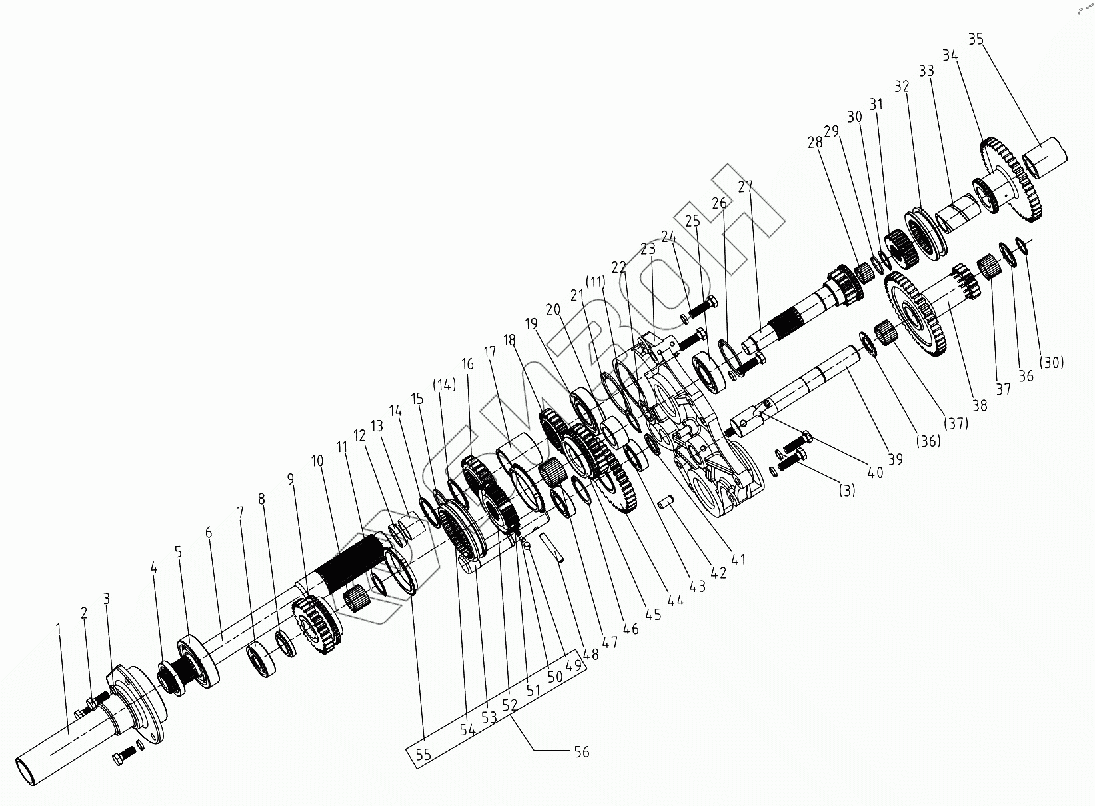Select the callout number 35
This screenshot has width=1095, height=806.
tap(976, 39)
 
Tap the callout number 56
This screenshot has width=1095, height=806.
tap(581, 752)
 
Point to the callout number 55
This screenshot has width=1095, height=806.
tap(423, 755)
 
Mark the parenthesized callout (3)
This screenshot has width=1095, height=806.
tap(846, 491)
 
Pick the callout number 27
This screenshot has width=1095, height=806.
tap(745, 186)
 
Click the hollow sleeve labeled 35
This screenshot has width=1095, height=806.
tap(1046, 157)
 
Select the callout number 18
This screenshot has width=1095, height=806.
tap(510, 340)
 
